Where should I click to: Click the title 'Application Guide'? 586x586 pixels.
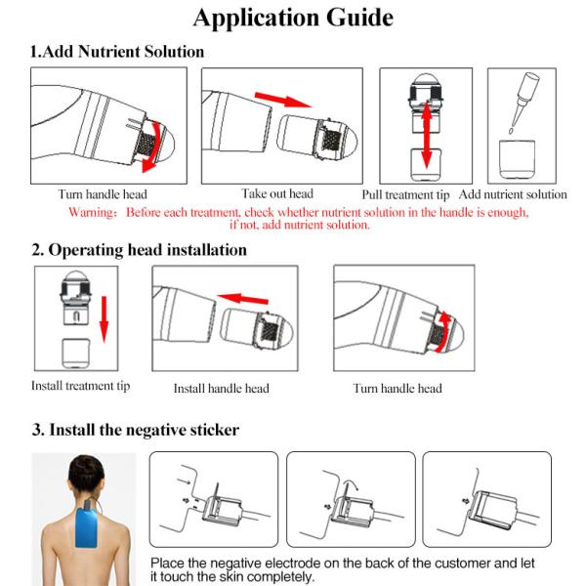[293, 18]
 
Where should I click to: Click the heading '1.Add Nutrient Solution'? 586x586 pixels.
[118, 52]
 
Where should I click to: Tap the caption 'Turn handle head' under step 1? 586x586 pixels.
[103, 194]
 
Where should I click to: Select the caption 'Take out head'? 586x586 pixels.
[277, 193]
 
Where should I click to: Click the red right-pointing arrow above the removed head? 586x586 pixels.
[284, 98]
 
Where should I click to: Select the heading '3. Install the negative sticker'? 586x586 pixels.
[136, 429]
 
